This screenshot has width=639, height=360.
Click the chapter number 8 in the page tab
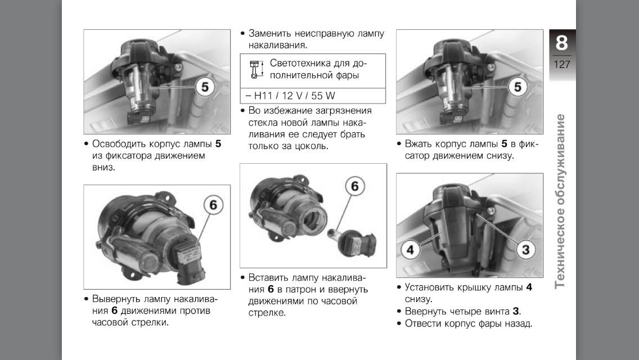(x=561, y=42)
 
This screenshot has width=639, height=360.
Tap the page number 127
(x=562, y=65)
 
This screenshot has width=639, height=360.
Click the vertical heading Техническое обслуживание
(x=561, y=201)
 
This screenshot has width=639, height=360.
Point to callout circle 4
(x=411, y=250)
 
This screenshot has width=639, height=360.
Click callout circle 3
(x=526, y=250)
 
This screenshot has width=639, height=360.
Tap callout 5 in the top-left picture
(x=205, y=87)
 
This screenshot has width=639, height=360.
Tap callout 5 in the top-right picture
(x=517, y=87)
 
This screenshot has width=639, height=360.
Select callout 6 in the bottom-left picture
(x=214, y=204)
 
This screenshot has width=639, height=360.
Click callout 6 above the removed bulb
(x=355, y=186)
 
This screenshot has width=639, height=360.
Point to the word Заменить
(x=269, y=33)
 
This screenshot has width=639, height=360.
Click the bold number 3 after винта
(x=515, y=312)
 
